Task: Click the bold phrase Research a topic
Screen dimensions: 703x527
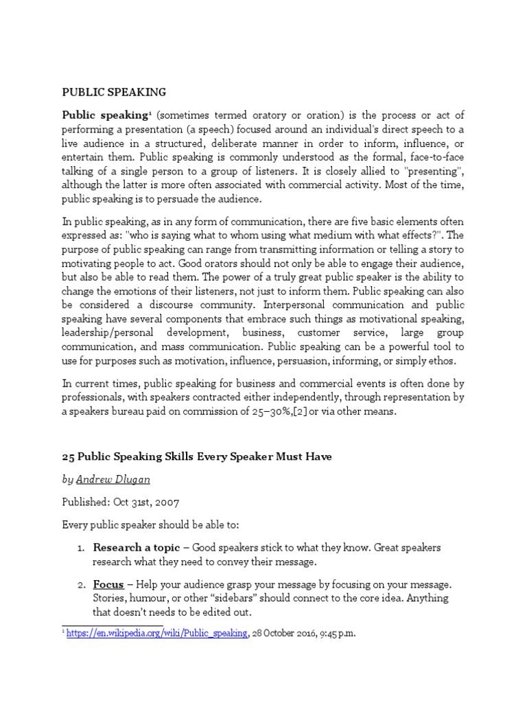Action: point(136,548)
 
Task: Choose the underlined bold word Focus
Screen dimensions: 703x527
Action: point(108,584)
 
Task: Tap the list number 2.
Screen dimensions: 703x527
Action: point(80,584)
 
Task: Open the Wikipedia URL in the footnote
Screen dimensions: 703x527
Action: point(157,634)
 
